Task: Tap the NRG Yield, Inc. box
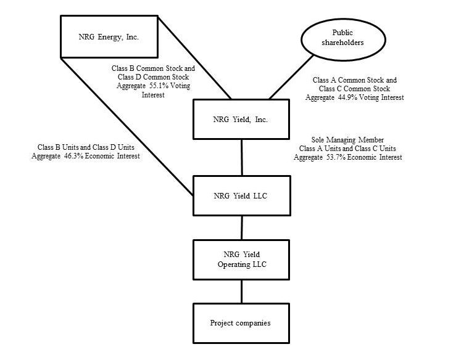(241, 119)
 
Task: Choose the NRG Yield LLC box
(241, 196)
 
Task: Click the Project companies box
(241, 322)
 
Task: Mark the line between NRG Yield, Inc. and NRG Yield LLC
(241, 157)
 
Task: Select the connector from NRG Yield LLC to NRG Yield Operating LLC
(241, 227)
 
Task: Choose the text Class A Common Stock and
(355, 80)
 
